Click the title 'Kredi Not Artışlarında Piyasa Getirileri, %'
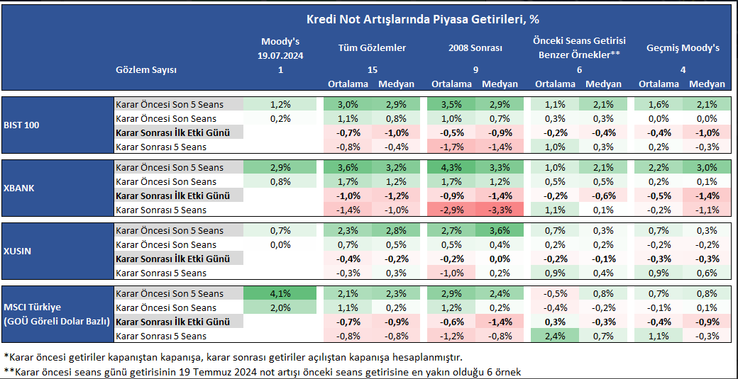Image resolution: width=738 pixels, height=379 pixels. [422, 19]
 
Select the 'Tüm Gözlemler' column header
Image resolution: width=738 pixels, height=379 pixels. [372, 48]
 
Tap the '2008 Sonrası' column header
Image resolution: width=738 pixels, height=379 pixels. [475, 48]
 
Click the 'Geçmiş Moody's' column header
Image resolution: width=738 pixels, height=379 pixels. [683, 48]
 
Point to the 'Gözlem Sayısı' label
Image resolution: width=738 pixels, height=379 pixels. [145, 69]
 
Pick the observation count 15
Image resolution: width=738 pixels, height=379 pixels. [372, 69]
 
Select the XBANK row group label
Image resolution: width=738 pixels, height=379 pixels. [21, 188]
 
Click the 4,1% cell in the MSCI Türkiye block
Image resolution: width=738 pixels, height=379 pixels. [280, 293]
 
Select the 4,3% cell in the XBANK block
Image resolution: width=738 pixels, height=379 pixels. [451, 168]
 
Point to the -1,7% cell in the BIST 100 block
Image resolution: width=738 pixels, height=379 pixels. [451, 147]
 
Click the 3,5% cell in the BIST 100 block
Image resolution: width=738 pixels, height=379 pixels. [451, 105]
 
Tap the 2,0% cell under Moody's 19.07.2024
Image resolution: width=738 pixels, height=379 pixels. [280, 307]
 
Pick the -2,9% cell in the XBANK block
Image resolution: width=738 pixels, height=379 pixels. [451, 210]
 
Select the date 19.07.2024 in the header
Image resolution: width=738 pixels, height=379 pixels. [280, 55]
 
